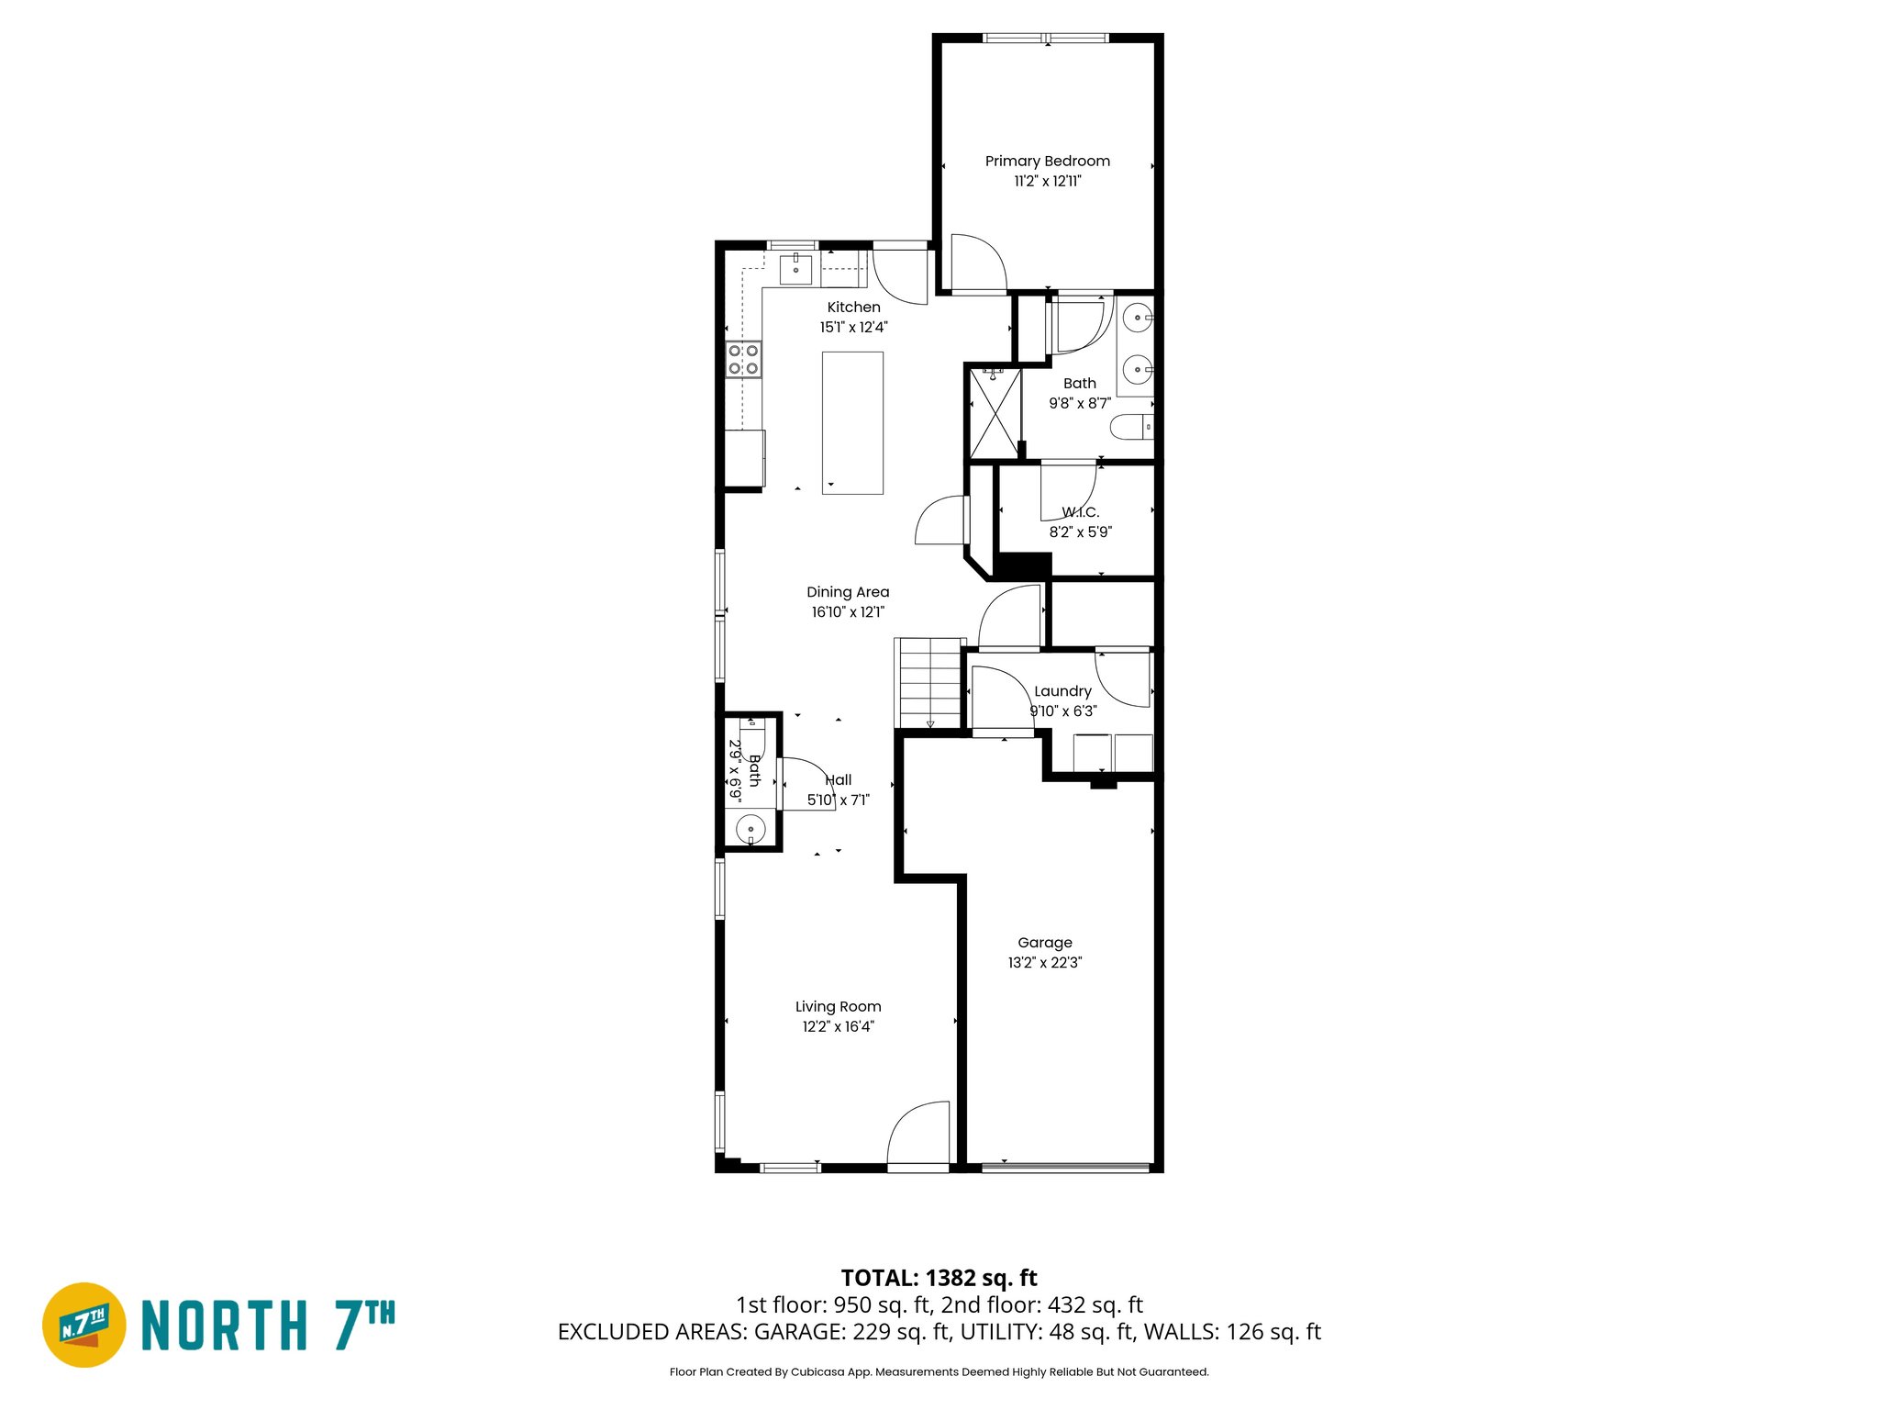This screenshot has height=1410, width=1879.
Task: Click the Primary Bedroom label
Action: tap(1047, 162)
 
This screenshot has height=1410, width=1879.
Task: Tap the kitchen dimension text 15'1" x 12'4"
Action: tap(853, 328)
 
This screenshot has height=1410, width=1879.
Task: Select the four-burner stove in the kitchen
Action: tap(743, 359)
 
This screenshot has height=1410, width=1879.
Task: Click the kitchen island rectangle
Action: tap(852, 423)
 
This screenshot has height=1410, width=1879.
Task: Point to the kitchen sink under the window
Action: tap(795, 270)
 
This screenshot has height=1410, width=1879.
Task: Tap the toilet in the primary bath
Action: tap(1131, 427)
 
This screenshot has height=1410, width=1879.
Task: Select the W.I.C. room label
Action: tap(1081, 512)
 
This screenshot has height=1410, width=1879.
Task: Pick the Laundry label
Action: tap(1062, 691)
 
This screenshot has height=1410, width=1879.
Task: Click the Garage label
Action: tap(1044, 943)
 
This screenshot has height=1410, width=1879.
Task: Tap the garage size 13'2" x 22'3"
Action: tap(1044, 963)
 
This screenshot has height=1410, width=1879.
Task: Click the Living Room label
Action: tap(838, 1007)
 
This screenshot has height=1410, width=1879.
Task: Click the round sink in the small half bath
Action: tap(750, 829)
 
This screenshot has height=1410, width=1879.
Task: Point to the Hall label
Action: tap(839, 780)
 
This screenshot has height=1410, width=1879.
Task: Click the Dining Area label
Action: tap(848, 592)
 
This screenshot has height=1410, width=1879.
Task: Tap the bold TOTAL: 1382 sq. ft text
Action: tap(939, 1278)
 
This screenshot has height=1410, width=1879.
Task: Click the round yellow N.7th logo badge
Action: tap(84, 1325)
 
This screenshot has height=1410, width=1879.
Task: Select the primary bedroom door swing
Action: tap(978, 263)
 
